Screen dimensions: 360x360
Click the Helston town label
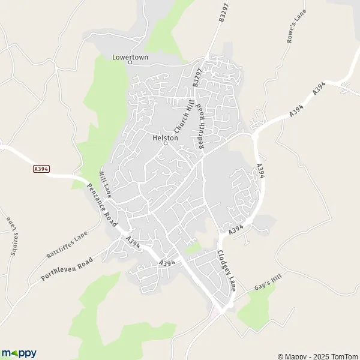pos(166,137)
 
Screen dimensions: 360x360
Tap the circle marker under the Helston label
pos(166,143)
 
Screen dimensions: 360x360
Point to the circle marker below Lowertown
pos(130,62)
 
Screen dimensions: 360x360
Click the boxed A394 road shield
pos(40,170)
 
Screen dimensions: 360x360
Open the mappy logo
pos(19,353)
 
